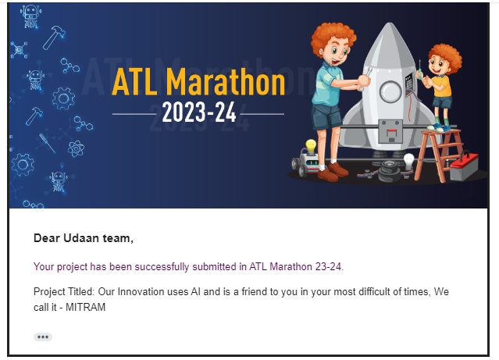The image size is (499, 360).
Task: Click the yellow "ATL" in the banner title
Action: tap(134, 82)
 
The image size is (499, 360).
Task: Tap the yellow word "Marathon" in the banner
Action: tap(226, 82)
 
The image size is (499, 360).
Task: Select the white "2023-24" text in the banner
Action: tap(199, 112)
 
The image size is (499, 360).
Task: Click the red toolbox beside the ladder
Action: tap(464, 166)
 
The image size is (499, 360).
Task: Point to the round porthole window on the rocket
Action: tap(390, 91)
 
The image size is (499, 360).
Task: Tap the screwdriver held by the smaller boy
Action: tap(420, 70)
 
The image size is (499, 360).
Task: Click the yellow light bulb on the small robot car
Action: tap(311, 146)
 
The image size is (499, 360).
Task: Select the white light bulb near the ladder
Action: tap(408, 161)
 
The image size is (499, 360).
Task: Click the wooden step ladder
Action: tap(439, 155)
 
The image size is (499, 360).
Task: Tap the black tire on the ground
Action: tap(389, 172)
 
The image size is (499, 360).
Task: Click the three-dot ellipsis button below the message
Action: tap(43, 337)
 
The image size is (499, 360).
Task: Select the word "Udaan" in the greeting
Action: tap(81, 238)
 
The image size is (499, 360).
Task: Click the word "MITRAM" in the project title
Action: tap(86, 307)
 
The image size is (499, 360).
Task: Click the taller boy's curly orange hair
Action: tap(333, 37)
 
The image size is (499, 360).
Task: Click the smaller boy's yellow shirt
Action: tap(442, 85)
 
